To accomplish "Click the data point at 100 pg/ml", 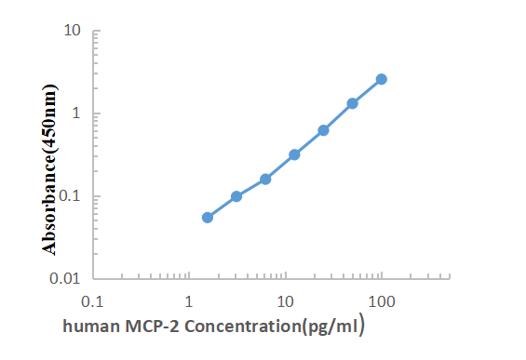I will [x=382, y=79].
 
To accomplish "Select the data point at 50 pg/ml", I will [x=353, y=103].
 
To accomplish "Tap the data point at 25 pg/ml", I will [x=324, y=130].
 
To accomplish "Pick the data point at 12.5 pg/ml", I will [x=294, y=154].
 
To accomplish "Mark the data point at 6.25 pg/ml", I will [x=265, y=179].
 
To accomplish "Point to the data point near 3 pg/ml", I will [x=236, y=196].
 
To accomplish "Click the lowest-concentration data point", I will [x=208, y=218].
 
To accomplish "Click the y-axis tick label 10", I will [x=72, y=31].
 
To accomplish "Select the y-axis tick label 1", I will [x=75, y=113].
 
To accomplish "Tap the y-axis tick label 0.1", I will [x=70, y=196].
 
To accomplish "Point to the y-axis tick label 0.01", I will [x=66, y=278].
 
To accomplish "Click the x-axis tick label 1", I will [x=189, y=301].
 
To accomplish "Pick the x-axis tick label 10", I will [x=286, y=301].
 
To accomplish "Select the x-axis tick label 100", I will [x=382, y=301].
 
